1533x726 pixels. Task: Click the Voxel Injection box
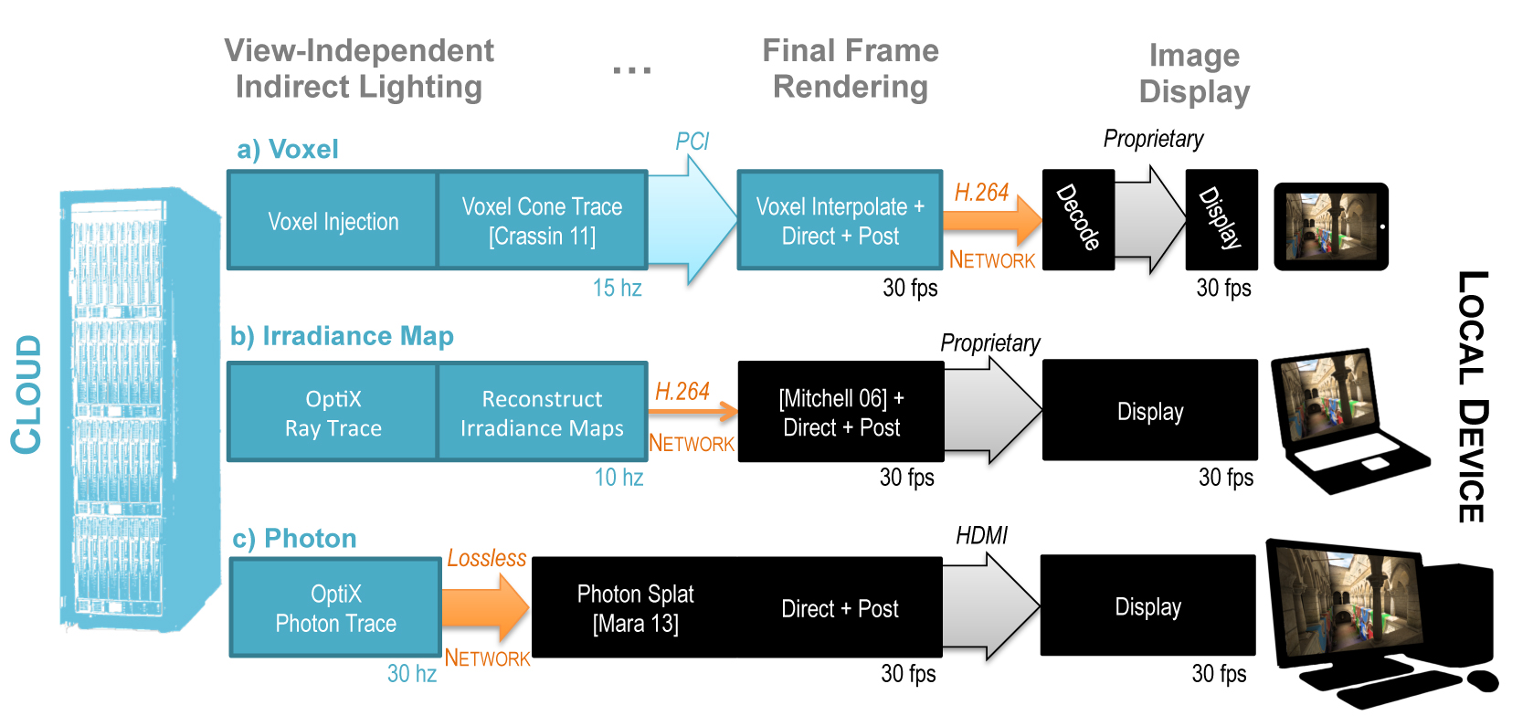[x=333, y=220]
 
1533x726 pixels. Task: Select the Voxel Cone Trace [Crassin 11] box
[x=542, y=220]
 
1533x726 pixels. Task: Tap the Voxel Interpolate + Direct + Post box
[x=840, y=220]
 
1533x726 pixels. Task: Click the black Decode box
[x=1078, y=219]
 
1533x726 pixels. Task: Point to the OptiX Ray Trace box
[x=333, y=412]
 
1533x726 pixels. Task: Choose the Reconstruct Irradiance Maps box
[x=542, y=412]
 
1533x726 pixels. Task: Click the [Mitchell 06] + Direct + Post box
[x=841, y=412]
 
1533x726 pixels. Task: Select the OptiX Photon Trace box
[x=335, y=607]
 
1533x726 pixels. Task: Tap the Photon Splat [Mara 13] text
[x=636, y=608]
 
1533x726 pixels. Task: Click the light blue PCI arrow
[x=692, y=219]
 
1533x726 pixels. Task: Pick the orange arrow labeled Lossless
[x=486, y=606]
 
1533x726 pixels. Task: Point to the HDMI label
[x=981, y=536]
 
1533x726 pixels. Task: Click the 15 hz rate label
[x=617, y=288]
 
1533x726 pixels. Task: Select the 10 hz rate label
[x=618, y=477]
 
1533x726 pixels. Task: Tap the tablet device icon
[x=1331, y=226]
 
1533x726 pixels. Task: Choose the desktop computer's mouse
[x=1482, y=680]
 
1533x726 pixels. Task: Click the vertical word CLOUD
[x=27, y=395]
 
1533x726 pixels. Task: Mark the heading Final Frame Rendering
[x=851, y=68]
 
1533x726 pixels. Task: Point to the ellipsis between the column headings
[x=631, y=69]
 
